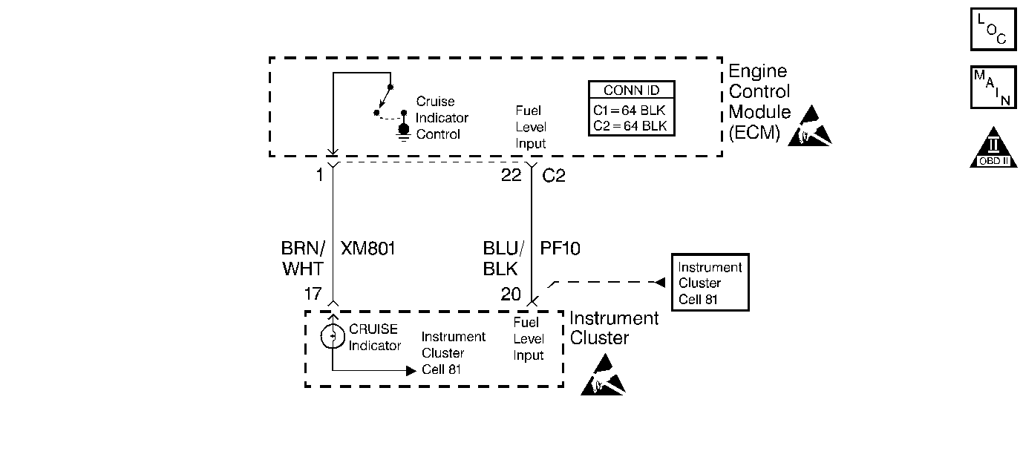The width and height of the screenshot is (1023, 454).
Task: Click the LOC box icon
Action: tap(993, 29)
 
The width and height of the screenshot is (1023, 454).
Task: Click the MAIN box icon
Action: tap(993, 87)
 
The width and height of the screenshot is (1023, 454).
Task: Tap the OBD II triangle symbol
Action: tap(993, 148)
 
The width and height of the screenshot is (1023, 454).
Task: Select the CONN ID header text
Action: tap(632, 91)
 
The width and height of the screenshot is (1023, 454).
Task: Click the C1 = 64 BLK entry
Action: tap(630, 111)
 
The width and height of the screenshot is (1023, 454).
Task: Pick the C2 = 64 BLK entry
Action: tap(630, 126)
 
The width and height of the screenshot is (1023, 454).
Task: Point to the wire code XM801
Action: tap(367, 249)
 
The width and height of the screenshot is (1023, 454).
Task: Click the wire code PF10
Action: tap(560, 249)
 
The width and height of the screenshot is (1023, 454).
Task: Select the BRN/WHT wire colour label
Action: tap(303, 259)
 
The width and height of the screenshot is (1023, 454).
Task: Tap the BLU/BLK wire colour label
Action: tap(503, 259)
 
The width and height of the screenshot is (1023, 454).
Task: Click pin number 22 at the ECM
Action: tap(511, 175)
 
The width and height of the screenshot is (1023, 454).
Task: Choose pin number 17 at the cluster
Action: tap(313, 294)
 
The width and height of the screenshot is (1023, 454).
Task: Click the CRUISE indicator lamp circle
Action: tap(333, 337)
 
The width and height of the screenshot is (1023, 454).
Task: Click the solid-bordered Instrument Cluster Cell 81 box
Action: tap(710, 283)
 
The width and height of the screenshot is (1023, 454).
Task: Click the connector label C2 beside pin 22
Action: tap(554, 176)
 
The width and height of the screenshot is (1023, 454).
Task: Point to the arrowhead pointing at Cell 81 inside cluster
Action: tap(411, 370)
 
